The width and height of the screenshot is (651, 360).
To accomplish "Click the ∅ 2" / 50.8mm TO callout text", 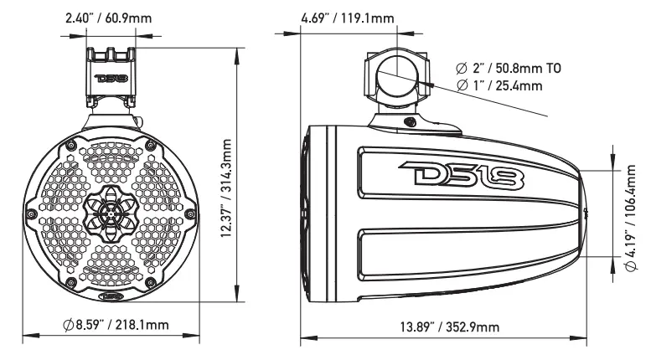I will coord(509,68).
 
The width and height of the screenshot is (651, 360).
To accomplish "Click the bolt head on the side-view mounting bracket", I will coord(410,122).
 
